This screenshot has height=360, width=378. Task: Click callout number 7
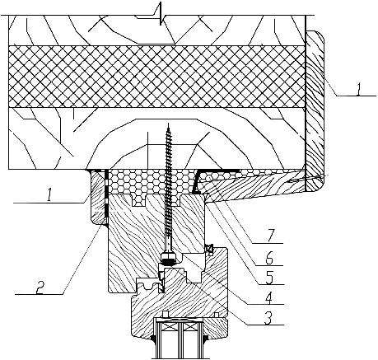[271, 236]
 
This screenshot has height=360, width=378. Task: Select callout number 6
[270, 258]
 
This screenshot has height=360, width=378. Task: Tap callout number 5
[269, 278]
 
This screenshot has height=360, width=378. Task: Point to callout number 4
[269, 297]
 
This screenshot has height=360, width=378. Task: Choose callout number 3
[268, 318]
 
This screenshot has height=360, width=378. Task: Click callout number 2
[40, 288]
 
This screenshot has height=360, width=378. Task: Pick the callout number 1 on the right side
[358, 90]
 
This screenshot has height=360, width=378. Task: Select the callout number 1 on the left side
[49, 197]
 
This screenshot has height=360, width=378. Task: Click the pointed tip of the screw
[168, 124]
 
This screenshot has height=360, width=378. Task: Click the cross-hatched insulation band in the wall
[156, 77]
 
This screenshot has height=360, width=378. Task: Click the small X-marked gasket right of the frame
[209, 249]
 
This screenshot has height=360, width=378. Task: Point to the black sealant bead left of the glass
[153, 339]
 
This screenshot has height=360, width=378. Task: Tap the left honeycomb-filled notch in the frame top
[138, 200]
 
